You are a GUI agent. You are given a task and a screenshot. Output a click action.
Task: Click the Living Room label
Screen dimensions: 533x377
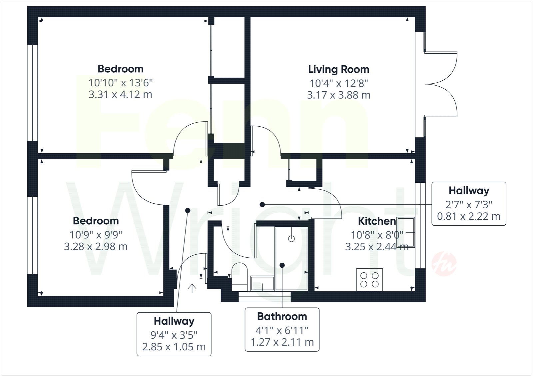click(x=338, y=70)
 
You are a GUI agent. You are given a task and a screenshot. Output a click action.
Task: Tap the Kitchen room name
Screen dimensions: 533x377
click(x=377, y=221)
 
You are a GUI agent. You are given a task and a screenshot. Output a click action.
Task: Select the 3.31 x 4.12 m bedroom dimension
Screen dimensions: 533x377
click(x=120, y=95)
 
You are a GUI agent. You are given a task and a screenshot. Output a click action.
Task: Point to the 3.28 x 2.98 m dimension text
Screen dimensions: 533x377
click(x=96, y=246)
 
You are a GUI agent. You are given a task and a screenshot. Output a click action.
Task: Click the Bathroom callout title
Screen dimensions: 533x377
click(x=282, y=317)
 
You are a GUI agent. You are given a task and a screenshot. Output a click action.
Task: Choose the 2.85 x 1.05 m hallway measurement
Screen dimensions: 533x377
click(x=174, y=347)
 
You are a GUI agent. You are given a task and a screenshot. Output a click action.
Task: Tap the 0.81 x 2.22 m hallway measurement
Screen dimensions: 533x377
click(x=469, y=216)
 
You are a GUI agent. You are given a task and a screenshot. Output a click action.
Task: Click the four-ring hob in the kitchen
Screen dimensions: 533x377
click(x=369, y=280)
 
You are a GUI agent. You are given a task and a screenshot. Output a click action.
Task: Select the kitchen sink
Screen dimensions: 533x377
click(x=406, y=232)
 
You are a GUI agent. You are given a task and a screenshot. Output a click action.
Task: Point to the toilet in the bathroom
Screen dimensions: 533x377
click(x=240, y=277)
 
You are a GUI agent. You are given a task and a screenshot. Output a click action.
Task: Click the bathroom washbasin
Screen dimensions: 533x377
click(x=262, y=283)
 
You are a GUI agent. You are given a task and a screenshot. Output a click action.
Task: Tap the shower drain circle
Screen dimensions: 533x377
click(x=291, y=239)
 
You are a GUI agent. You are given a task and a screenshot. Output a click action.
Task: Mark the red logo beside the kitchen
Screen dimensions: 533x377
click(x=444, y=264)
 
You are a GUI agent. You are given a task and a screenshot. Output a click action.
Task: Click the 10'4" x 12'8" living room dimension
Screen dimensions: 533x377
click(x=338, y=84)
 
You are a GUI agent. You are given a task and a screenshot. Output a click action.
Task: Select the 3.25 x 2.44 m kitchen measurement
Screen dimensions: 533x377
click(x=377, y=247)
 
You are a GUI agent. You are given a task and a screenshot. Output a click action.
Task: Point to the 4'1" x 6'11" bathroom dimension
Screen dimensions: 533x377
click(x=282, y=330)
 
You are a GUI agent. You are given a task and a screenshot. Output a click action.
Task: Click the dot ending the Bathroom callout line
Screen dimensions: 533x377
click(x=282, y=265)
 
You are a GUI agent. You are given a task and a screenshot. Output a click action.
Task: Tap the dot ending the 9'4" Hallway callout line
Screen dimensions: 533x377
click(x=188, y=210)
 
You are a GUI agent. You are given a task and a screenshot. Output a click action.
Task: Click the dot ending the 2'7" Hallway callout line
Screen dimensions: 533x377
click(x=262, y=205)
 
